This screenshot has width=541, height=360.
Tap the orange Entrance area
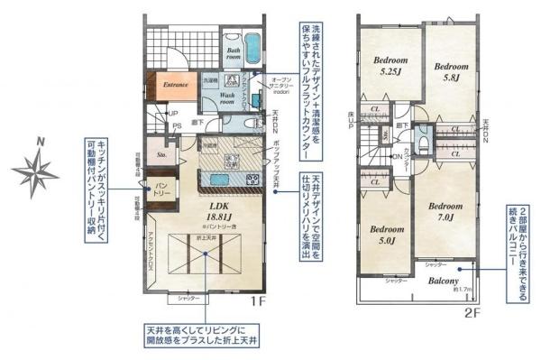174,85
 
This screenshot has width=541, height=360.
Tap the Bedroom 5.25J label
390,67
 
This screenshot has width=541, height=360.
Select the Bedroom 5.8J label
452,71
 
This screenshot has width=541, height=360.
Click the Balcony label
444,282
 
